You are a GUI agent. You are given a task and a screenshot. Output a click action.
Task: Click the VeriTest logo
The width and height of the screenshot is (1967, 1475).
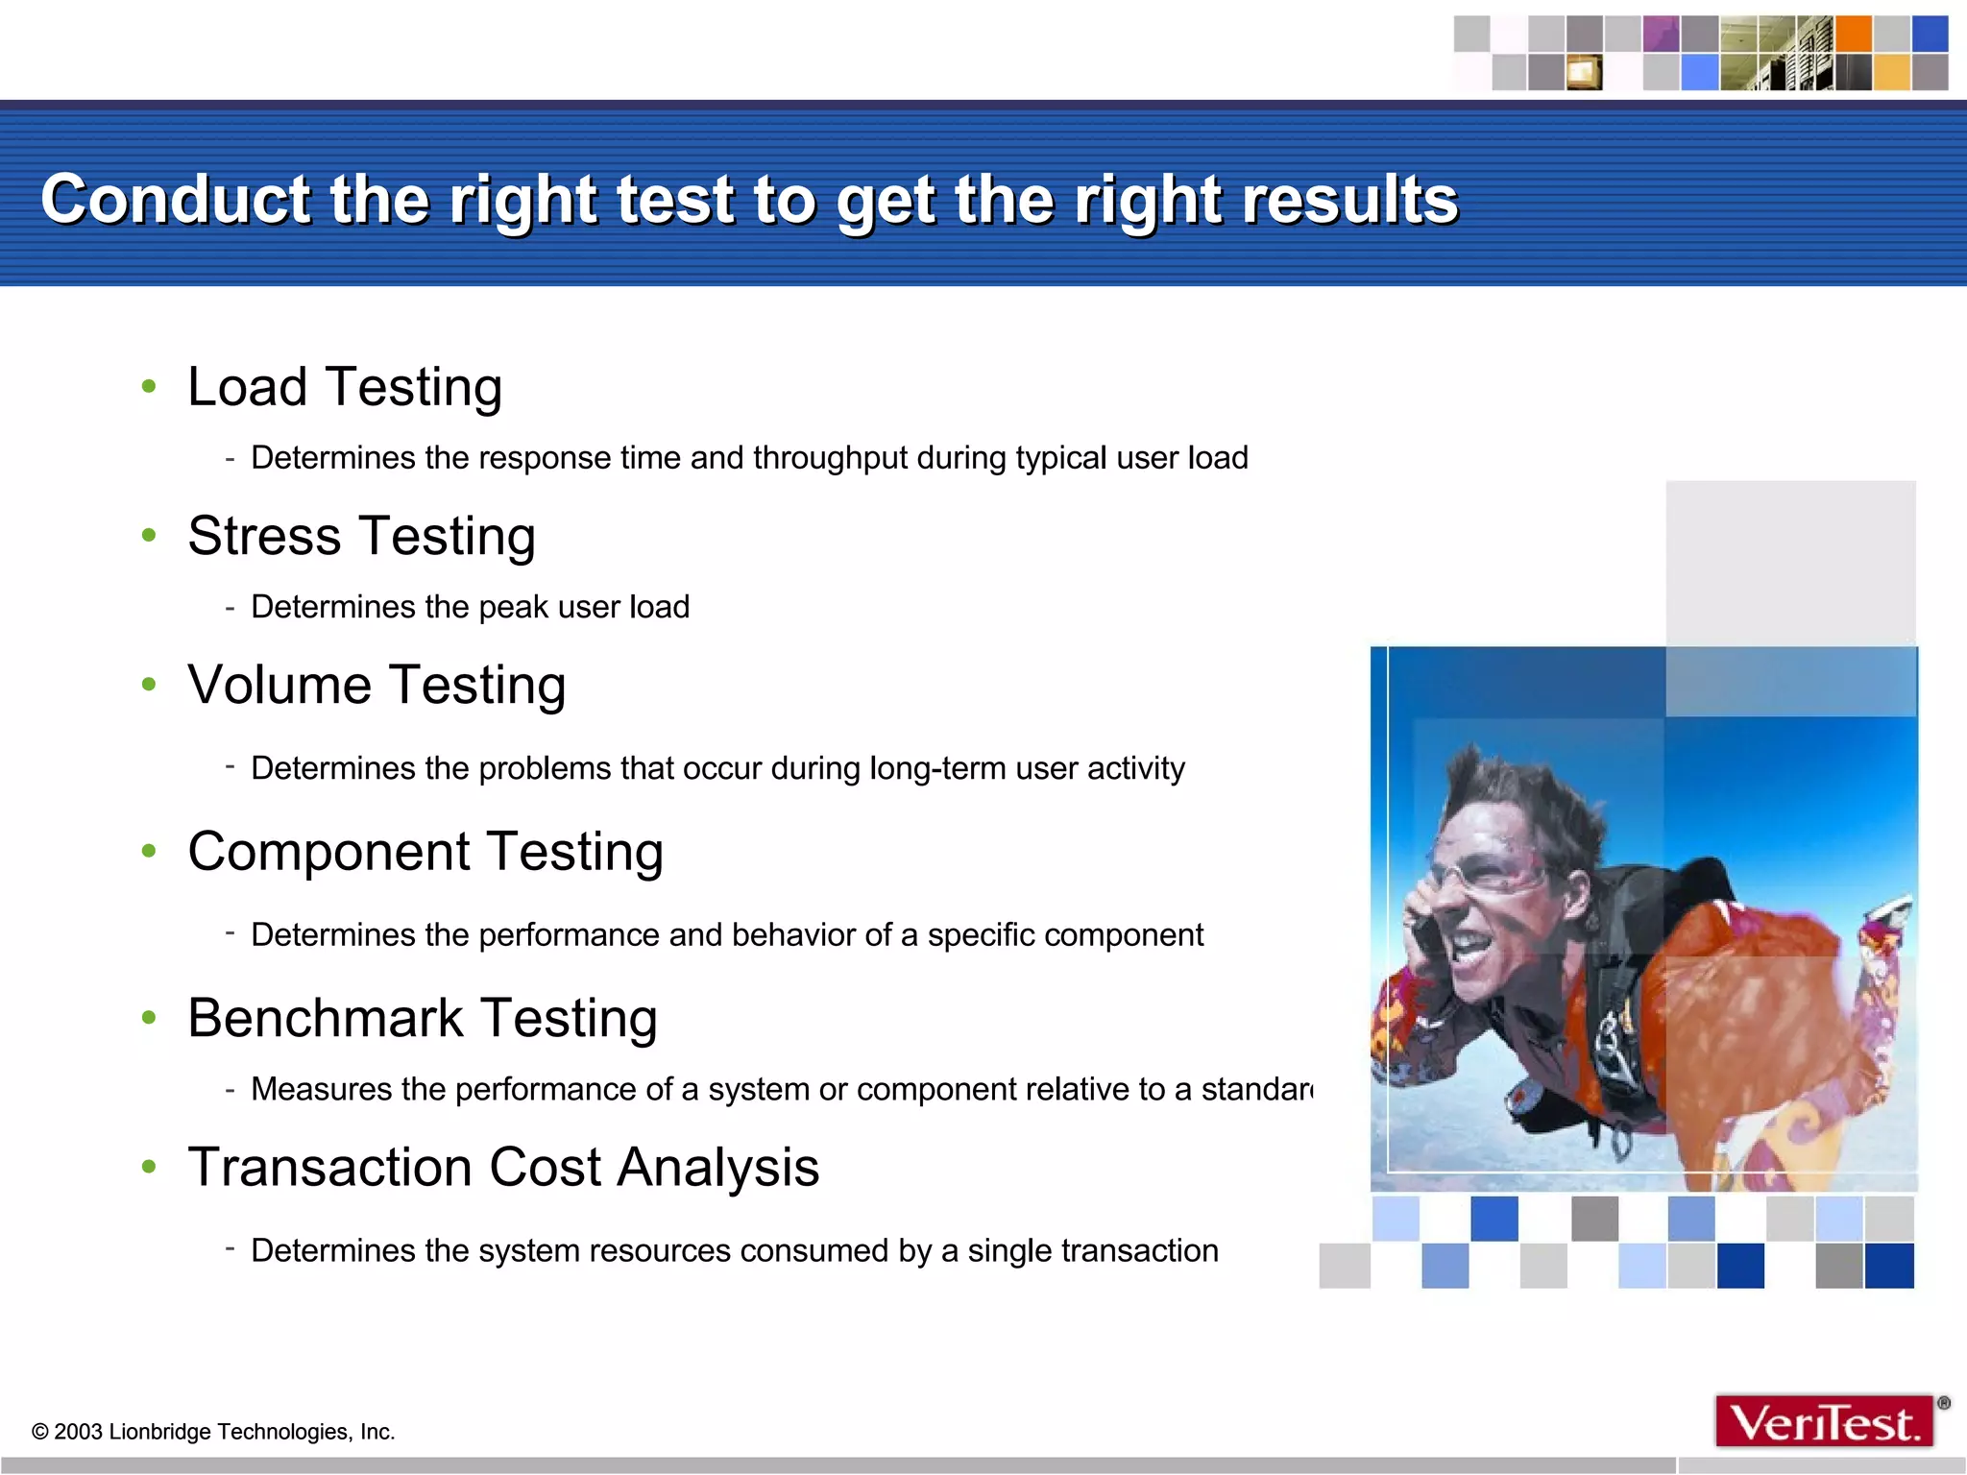point(1825,1422)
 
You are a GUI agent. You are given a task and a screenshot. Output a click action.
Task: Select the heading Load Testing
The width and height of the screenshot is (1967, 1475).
point(345,387)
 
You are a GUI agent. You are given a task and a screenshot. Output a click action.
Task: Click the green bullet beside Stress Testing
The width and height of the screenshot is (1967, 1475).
point(149,535)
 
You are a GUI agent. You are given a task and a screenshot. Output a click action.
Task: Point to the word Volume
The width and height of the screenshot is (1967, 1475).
point(279,685)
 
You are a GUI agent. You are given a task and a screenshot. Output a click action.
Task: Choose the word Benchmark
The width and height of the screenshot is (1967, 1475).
point(326,1018)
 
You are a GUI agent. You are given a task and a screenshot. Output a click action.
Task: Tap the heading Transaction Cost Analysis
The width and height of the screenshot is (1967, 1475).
point(503,1168)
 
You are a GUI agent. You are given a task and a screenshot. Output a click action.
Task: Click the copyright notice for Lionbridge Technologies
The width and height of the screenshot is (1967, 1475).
point(213,1432)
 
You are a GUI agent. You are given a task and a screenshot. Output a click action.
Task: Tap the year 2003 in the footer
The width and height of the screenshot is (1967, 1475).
point(78,1432)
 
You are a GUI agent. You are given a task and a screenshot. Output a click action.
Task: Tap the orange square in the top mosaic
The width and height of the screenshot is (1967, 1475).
point(1853,34)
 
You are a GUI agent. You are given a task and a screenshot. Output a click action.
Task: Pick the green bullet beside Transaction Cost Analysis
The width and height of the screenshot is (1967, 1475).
point(149,1167)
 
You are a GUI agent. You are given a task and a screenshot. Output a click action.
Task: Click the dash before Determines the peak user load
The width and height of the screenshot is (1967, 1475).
point(231,607)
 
